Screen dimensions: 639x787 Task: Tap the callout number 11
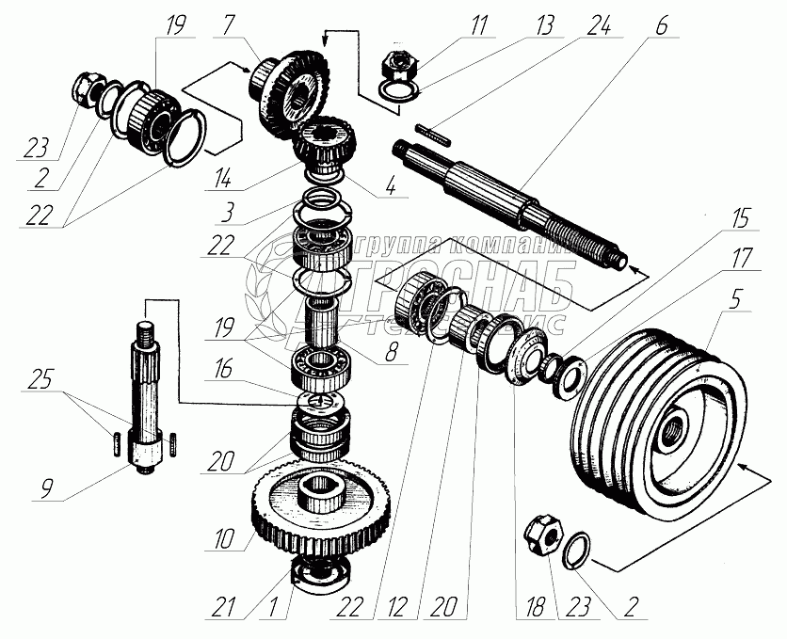click(480, 24)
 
